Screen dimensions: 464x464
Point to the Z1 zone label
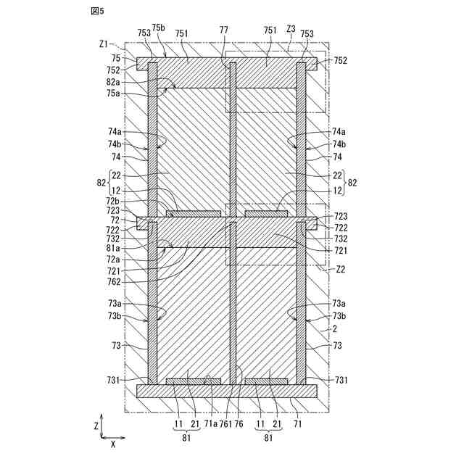pos(104,43)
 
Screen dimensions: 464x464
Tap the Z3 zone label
pos(291,30)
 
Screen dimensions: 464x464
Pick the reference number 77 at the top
pos(224,30)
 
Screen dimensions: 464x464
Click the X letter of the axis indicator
pos(113,444)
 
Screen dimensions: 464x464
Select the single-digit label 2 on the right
pos(334,328)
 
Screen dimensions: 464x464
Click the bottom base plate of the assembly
pos(226,391)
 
